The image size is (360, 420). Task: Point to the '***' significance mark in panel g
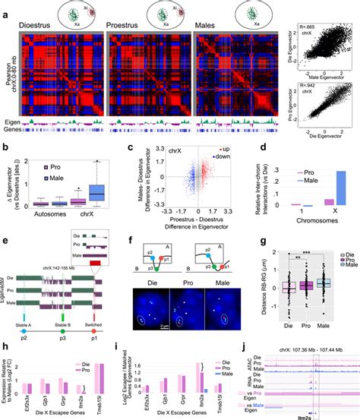coord(322,250)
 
